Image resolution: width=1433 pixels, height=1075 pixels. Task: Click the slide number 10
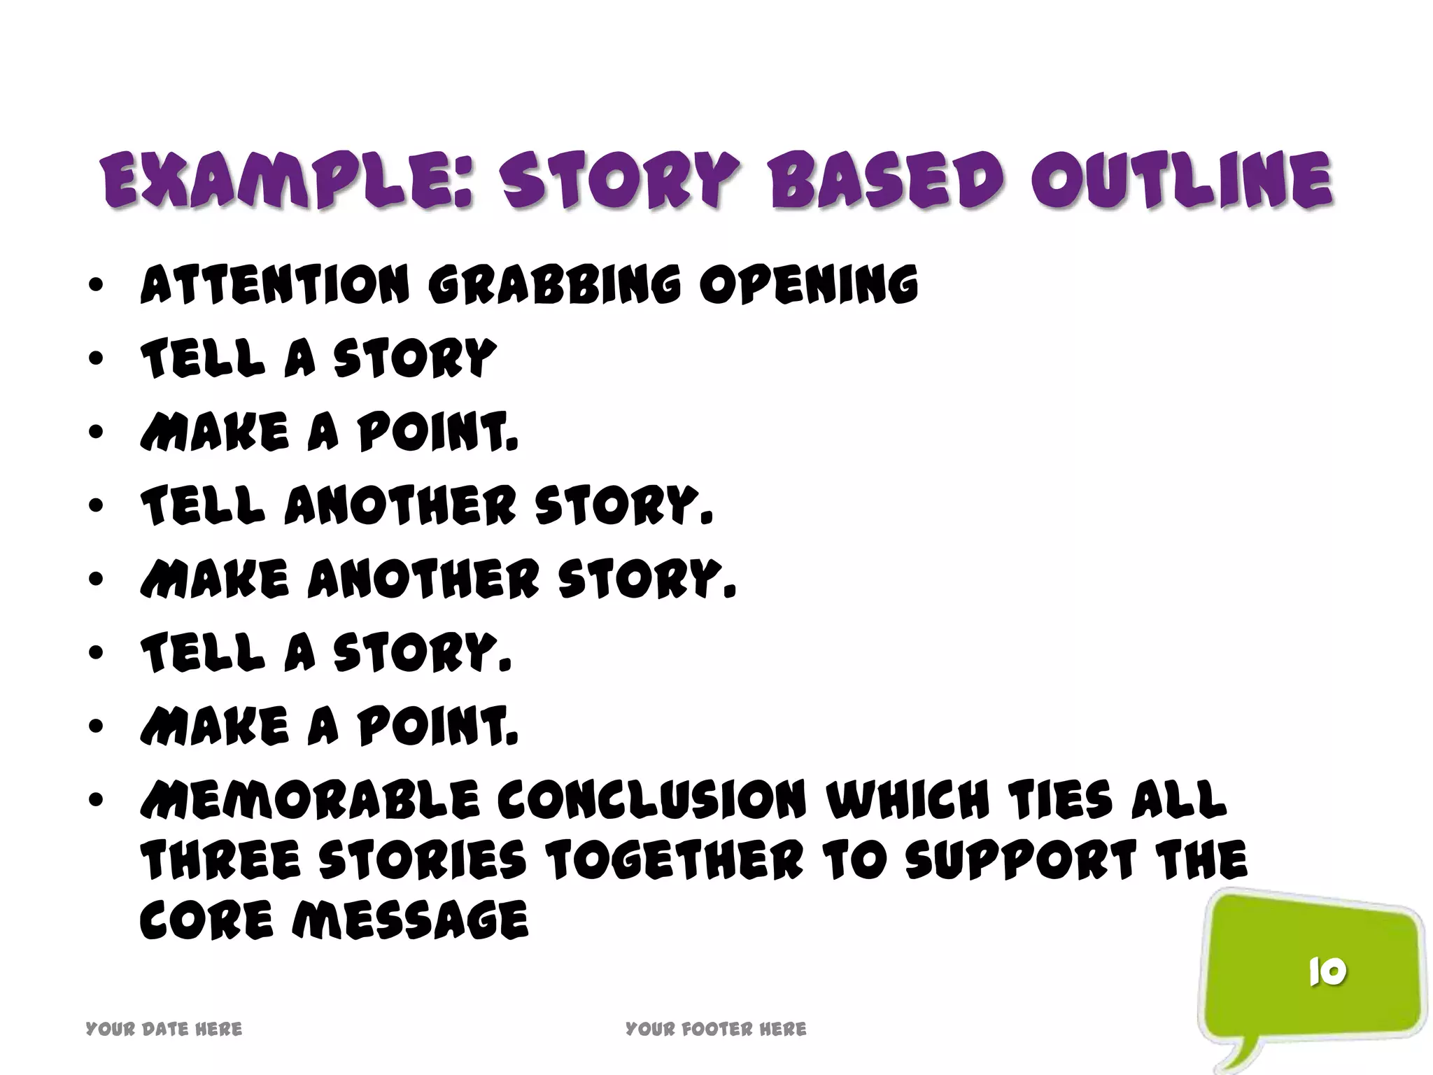coord(1327,971)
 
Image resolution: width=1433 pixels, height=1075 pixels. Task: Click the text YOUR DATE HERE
coord(164,1029)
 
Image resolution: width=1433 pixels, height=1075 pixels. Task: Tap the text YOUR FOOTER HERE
coord(716,1029)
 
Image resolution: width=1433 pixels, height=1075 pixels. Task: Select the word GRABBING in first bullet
coord(554,286)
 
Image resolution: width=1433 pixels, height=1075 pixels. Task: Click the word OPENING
coord(809,286)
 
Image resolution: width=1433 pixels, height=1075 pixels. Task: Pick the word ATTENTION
coord(274,286)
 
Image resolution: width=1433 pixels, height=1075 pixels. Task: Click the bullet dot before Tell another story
coord(97,505)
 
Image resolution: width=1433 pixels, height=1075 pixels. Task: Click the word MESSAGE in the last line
coord(410,920)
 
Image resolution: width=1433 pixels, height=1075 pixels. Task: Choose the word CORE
coord(206,920)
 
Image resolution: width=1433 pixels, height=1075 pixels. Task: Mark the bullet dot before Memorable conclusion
coord(97,799)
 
